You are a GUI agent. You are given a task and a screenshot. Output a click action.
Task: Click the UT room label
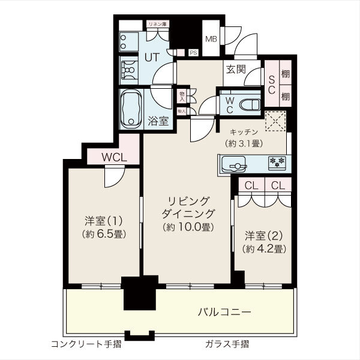click(x=152, y=58)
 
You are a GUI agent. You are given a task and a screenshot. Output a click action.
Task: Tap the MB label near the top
click(x=212, y=40)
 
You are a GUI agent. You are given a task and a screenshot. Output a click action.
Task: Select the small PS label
click(x=193, y=53)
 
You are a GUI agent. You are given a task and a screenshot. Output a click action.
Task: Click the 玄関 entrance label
click(x=235, y=69)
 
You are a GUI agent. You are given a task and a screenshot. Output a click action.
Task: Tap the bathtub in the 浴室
click(x=130, y=109)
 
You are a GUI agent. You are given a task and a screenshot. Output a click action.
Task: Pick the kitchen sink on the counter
click(x=234, y=163)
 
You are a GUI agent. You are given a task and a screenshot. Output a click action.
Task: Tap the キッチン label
click(x=243, y=132)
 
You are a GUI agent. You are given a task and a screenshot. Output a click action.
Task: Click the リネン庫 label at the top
click(x=158, y=24)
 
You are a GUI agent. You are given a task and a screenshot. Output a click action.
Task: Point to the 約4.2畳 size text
click(x=263, y=248)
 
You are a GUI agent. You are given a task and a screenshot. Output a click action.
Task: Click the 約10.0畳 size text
click(x=188, y=227)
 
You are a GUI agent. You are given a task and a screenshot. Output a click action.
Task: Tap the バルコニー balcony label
click(x=225, y=312)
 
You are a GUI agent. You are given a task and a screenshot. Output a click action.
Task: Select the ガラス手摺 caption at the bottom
click(x=227, y=344)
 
